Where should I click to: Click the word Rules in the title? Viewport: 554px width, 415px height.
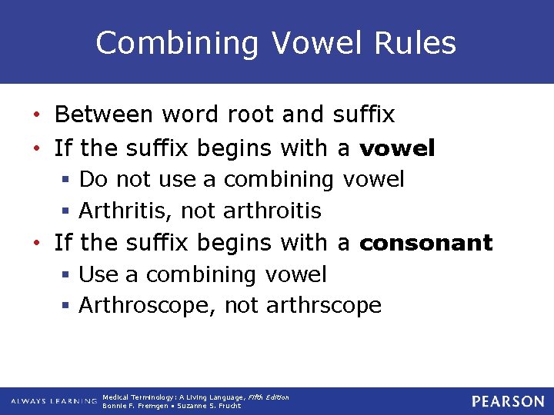[x=418, y=43]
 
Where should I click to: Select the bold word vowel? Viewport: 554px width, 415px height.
[x=397, y=147]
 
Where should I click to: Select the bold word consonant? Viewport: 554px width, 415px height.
[x=426, y=243]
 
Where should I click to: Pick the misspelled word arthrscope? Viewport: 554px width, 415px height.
[x=323, y=306]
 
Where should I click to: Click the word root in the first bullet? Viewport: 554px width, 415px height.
[x=252, y=115]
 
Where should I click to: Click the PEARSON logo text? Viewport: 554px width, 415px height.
[x=508, y=401]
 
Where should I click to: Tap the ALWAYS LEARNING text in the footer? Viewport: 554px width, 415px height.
[x=54, y=402]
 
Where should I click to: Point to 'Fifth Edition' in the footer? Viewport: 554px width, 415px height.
[x=269, y=397]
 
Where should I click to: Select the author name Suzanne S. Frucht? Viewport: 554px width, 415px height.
[x=209, y=406]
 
